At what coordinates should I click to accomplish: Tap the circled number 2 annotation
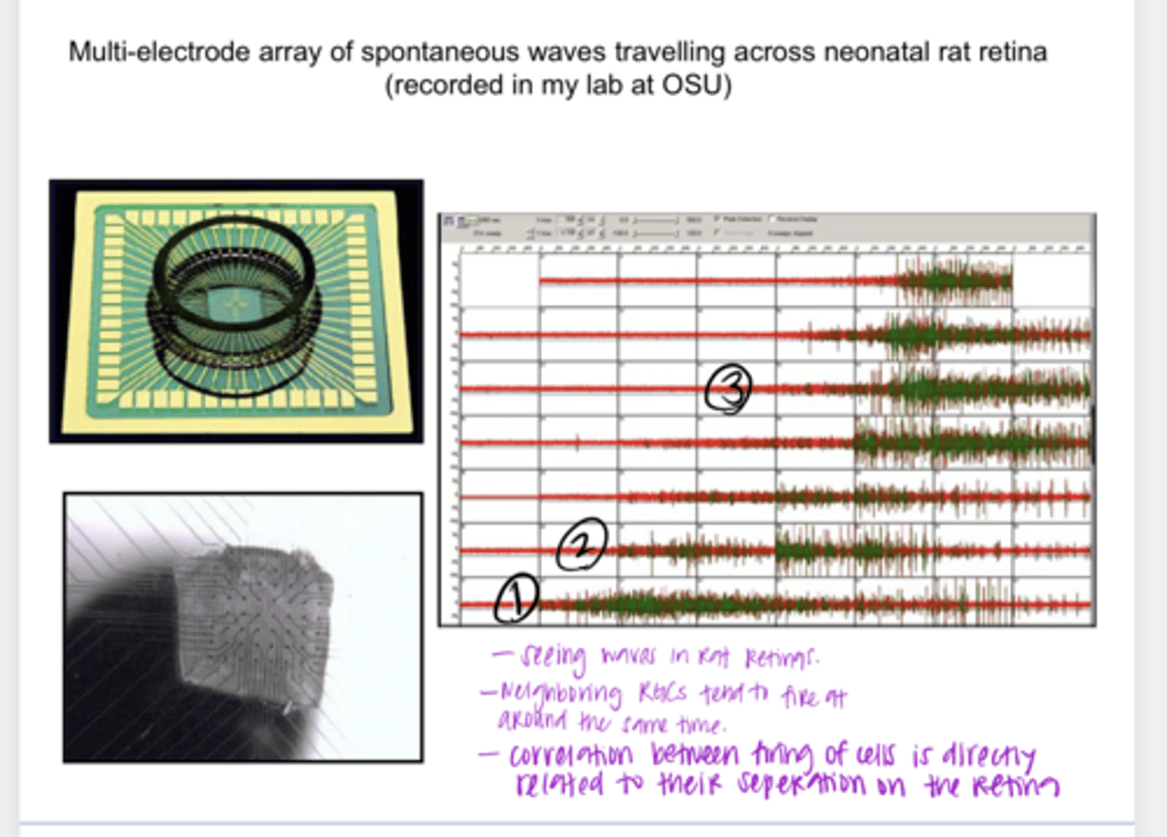click(x=582, y=544)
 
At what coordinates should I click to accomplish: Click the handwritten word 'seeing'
click(x=553, y=657)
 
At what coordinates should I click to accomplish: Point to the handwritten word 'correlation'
click(x=571, y=755)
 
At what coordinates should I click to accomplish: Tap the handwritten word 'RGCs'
click(x=662, y=693)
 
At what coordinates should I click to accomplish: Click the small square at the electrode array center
click(x=236, y=305)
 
